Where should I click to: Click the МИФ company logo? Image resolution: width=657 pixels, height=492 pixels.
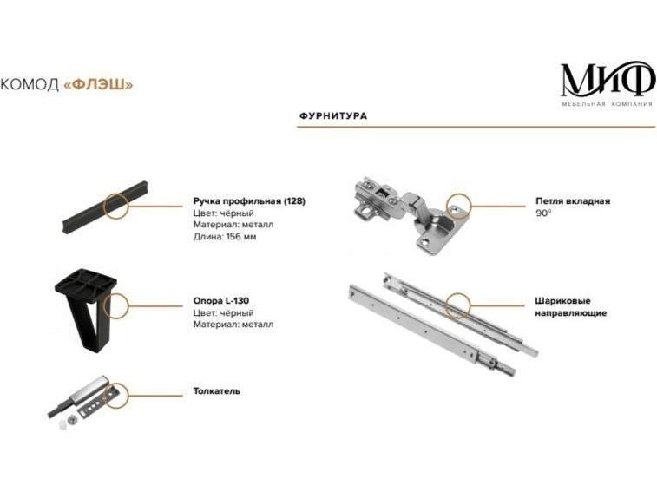pyautogui.click(x=608, y=84)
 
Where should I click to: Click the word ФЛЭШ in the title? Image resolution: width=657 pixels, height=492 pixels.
pyautogui.click(x=98, y=84)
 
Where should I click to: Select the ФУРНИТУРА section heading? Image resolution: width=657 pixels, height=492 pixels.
pyautogui.click(x=333, y=115)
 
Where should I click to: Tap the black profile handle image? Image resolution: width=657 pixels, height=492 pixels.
pyautogui.click(x=105, y=208)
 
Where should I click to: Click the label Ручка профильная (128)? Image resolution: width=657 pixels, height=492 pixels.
pyautogui.click(x=249, y=201)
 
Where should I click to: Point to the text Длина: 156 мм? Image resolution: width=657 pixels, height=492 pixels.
pyautogui.click(x=225, y=237)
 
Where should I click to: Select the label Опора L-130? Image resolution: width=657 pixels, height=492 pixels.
pyautogui.click(x=220, y=301)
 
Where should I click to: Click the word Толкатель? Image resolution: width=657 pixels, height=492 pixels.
pyautogui.click(x=217, y=391)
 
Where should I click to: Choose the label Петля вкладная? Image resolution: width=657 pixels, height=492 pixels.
pyautogui.click(x=573, y=201)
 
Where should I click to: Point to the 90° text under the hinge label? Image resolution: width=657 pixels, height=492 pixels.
pyautogui.click(x=543, y=213)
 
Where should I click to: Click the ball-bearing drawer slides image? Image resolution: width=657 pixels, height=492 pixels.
pyautogui.click(x=443, y=323)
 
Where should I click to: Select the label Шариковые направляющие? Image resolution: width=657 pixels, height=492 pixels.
pyautogui.click(x=571, y=307)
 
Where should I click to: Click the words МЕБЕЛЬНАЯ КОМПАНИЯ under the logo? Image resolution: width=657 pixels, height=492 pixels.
pyautogui.click(x=608, y=104)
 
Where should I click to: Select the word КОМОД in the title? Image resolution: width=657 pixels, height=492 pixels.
pyautogui.click(x=30, y=84)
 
